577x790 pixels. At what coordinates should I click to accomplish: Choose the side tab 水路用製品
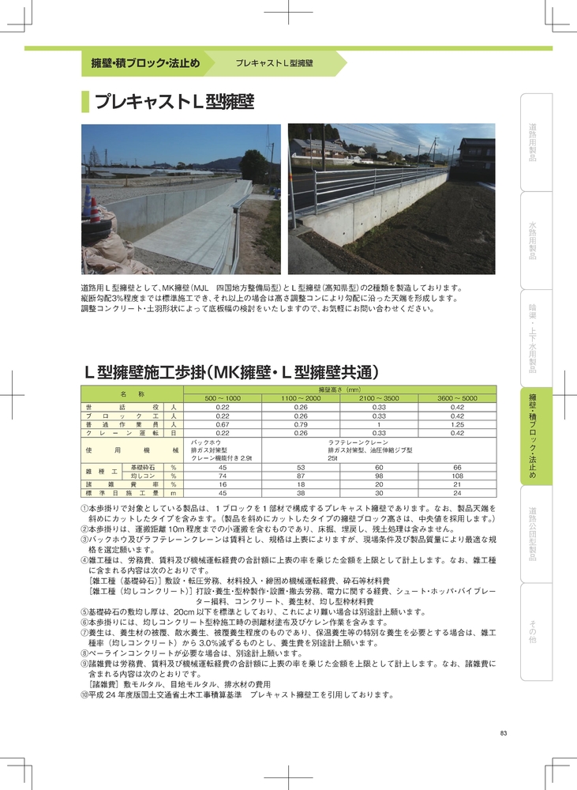pyautogui.click(x=533, y=240)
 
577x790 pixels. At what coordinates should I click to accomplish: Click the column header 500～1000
pyautogui.click(x=223, y=398)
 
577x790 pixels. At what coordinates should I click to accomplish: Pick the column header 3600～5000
pyautogui.click(x=457, y=398)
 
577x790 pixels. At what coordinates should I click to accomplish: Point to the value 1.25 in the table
pyautogui.click(x=457, y=424)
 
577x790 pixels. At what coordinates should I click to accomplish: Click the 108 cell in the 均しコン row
pyautogui.click(x=457, y=476)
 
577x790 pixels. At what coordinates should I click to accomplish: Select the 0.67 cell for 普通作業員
pyautogui.click(x=223, y=424)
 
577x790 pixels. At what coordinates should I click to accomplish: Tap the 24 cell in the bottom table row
pyautogui.click(x=457, y=493)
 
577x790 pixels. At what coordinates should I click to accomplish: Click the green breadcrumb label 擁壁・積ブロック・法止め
pyautogui.click(x=145, y=62)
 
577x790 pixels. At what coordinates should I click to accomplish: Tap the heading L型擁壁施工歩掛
pyautogui.click(x=233, y=372)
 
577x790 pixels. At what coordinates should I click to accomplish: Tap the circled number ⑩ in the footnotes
pyautogui.click(x=85, y=695)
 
